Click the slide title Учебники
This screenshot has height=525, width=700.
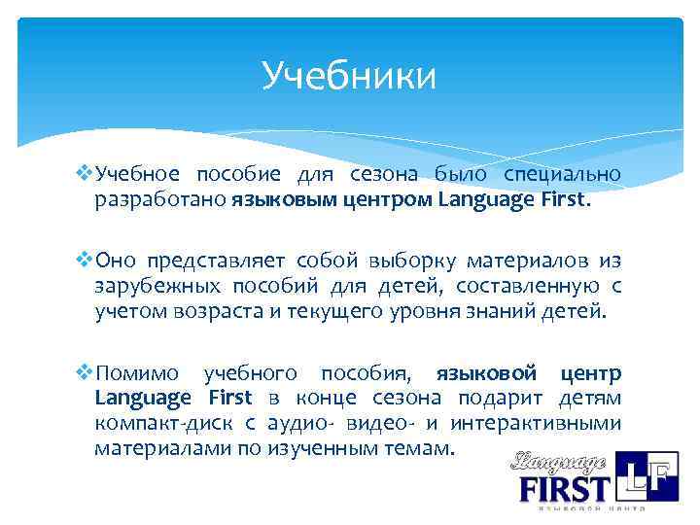coord(349,76)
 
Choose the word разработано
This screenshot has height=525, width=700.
coord(160,201)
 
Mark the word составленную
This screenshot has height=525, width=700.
coord(522,287)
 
